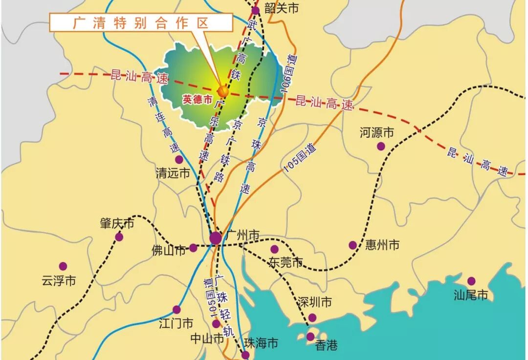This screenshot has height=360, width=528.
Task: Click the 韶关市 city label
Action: click(281, 8)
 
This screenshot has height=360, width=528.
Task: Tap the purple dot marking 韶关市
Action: click(255, 11)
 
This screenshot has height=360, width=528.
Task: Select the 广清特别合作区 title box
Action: click(141, 23)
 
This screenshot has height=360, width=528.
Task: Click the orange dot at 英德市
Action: click(223, 91)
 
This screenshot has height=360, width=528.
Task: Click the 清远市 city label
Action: click(173, 173)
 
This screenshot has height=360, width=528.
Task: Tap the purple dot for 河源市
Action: click(381, 146)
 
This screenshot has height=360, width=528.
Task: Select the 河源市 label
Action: click(376, 132)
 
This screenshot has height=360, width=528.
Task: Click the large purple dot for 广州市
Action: click(216, 238)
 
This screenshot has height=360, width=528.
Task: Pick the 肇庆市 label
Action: click(116, 224)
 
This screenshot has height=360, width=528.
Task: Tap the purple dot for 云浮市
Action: click(63, 266)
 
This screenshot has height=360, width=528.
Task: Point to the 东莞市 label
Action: click(286, 262)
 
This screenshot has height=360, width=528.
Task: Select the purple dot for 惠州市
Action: click(353, 245)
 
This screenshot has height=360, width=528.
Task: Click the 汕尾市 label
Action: click(471, 295)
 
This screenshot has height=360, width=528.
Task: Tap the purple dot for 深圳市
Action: click(312, 318)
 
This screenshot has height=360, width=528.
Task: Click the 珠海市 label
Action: click(262, 343)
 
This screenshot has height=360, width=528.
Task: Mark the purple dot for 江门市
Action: click(176, 309)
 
